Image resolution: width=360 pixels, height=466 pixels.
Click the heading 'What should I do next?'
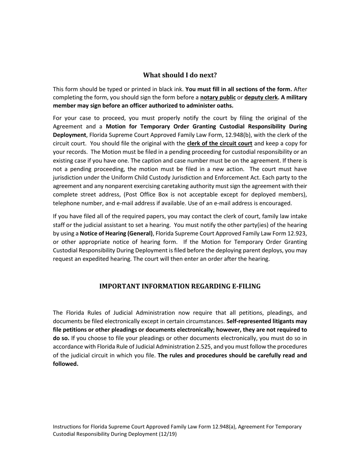click(x=180, y=75)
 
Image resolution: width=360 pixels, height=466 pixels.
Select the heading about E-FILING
click(x=180, y=286)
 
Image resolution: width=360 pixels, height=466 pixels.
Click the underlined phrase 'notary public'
click(x=218, y=97)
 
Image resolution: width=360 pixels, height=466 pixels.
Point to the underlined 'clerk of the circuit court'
click(x=219, y=144)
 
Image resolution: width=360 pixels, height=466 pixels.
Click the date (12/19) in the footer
click(x=168, y=435)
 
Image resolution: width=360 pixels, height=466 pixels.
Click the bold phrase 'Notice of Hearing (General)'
click(x=116, y=233)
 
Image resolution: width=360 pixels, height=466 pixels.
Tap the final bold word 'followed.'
click(x=66, y=364)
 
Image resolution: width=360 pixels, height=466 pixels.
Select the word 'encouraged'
click(x=275, y=203)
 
